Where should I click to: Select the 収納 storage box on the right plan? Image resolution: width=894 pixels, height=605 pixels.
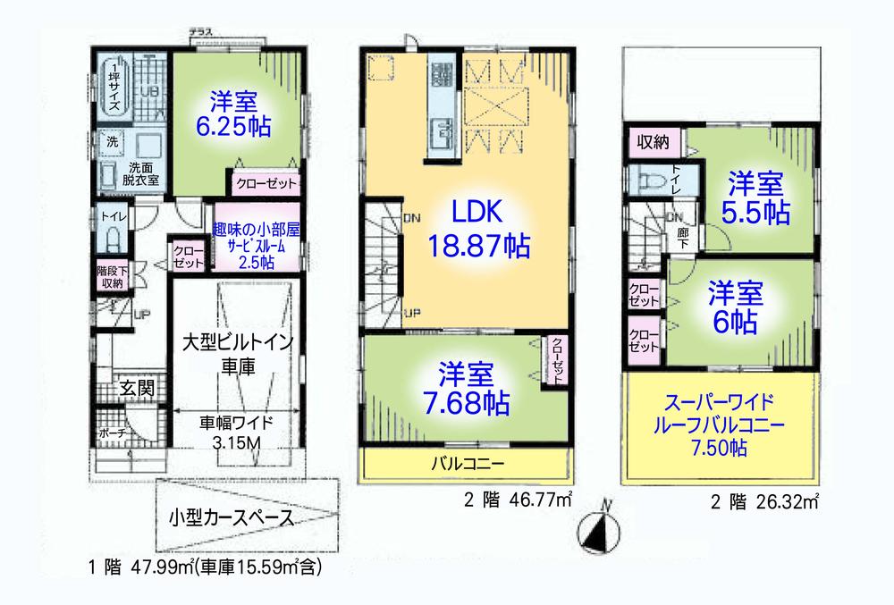click(x=652, y=142)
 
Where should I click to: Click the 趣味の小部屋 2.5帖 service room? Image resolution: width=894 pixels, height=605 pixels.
click(x=256, y=239)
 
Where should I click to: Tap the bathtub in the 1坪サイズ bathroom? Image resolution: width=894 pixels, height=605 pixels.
click(x=114, y=85)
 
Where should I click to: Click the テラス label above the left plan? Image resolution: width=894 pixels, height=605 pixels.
click(x=200, y=33)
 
